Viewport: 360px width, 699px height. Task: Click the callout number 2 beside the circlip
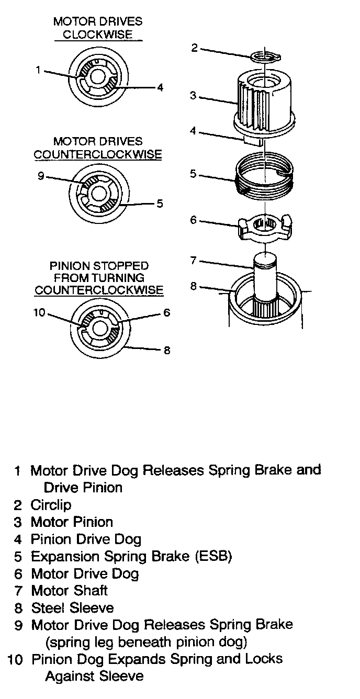[x=194, y=48]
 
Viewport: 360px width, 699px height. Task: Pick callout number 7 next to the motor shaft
[x=193, y=261]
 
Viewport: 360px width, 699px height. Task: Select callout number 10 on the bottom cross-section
[x=40, y=313]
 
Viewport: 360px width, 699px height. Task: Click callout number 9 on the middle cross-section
[x=41, y=176]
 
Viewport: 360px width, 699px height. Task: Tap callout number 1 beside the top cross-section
[x=38, y=69]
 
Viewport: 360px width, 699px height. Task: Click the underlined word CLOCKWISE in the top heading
[x=97, y=35]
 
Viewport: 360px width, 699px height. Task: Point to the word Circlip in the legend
[x=51, y=505]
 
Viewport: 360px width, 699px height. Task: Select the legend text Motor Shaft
[x=70, y=591]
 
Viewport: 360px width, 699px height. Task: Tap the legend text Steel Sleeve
[x=72, y=608]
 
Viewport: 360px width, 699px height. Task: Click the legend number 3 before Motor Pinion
[x=18, y=522]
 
